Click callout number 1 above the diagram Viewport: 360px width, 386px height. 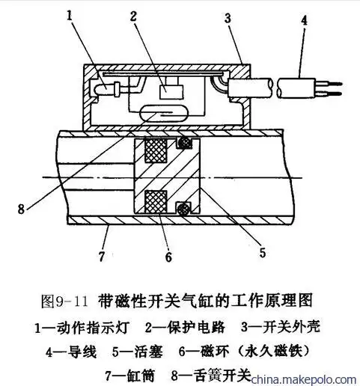(x=70, y=15)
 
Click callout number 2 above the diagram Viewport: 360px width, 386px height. (x=133, y=16)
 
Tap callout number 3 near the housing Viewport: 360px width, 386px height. (x=228, y=19)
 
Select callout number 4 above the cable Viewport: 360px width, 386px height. (x=304, y=20)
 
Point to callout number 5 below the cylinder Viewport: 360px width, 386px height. (x=263, y=253)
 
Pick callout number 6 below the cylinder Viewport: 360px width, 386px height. (x=168, y=257)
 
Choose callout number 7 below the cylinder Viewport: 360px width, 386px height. (x=101, y=257)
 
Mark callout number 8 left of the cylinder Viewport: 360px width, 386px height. (x=21, y=209)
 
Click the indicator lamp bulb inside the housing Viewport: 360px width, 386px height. (x=103, y=89)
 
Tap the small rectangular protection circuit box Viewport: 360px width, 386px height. (x=171, y=91)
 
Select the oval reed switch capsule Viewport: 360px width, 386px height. (x=164, y=114)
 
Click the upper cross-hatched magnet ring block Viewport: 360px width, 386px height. (x=156, y=150)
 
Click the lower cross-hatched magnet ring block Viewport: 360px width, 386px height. (x=156, y=202)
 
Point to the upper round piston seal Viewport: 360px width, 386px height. (x=185, y=143)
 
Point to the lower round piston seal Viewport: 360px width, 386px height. (x=183, y=208)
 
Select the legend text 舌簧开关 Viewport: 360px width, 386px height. (x=222, y=376)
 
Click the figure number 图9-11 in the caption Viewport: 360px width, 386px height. (x=65, y=301)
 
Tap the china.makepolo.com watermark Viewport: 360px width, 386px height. (x=304, y=380)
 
